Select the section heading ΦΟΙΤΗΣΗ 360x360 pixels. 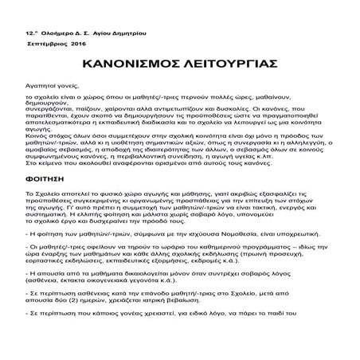point(44,203)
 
